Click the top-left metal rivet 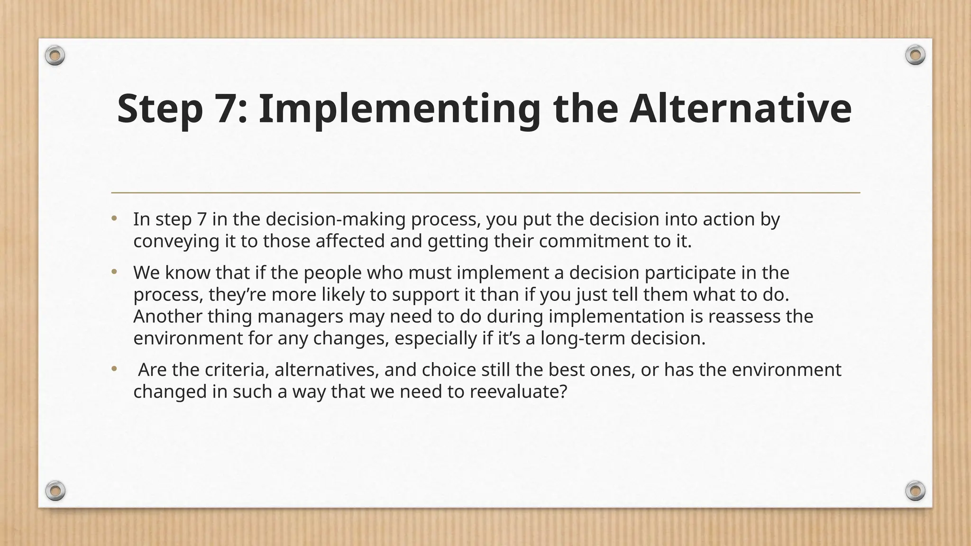coord(55,56)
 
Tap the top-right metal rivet coord(915,55)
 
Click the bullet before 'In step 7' coord(114,219)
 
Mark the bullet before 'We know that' coord(114,273)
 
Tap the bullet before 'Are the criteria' coord(114,369)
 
